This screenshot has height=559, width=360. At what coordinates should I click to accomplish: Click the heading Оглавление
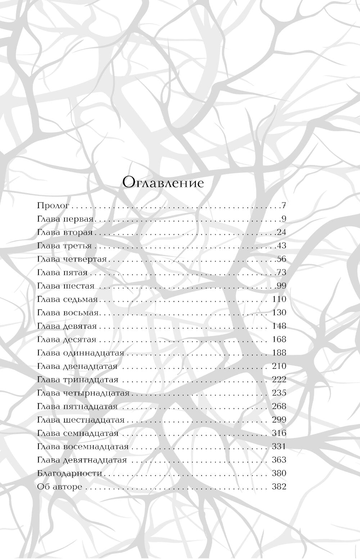163,183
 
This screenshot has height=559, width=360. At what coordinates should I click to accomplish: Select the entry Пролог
53,206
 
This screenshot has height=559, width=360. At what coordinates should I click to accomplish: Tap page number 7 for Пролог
284,206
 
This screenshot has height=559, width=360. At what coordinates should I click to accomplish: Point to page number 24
281,232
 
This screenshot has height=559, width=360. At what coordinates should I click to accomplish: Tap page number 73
281,273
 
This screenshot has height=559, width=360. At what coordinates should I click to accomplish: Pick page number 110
278,299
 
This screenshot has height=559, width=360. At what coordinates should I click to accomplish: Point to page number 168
278,339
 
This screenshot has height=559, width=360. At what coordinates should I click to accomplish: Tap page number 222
278,379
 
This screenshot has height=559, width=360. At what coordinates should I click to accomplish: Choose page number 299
278,420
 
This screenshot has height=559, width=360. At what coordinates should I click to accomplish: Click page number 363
278,460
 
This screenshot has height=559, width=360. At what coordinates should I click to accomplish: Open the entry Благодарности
69,473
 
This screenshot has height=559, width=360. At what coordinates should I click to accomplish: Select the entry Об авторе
60,487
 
